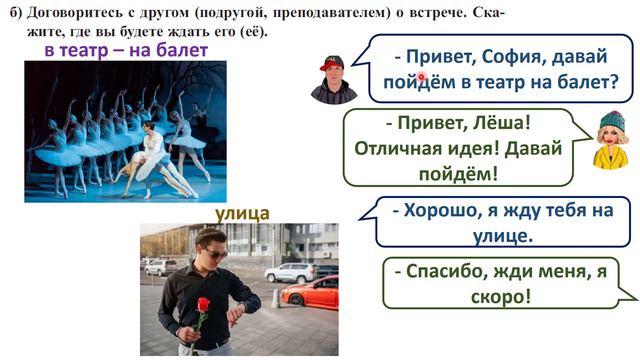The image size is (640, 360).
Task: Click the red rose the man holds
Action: click(x=202, y=304)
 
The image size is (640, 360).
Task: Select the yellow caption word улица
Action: click(x=242, y=213)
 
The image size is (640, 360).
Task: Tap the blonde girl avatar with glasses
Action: click(x=611, y=141)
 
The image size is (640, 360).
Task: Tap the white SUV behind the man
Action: click(x=291, y=272)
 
